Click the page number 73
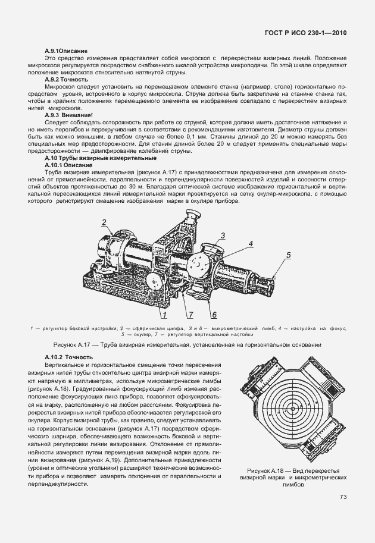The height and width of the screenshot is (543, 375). (343, 497)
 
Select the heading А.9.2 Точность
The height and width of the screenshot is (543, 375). (67, 79)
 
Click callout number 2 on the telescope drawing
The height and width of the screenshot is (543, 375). (103, 224)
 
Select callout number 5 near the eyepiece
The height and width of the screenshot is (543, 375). (288, 256)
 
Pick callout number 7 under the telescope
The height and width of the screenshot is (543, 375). (191, 313)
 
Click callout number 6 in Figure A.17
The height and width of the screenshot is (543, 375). (213, 314)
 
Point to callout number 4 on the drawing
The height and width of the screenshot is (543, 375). (251, 244)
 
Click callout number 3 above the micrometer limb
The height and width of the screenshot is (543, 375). (222, 236)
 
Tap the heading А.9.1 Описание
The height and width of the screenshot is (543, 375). (66, 52)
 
